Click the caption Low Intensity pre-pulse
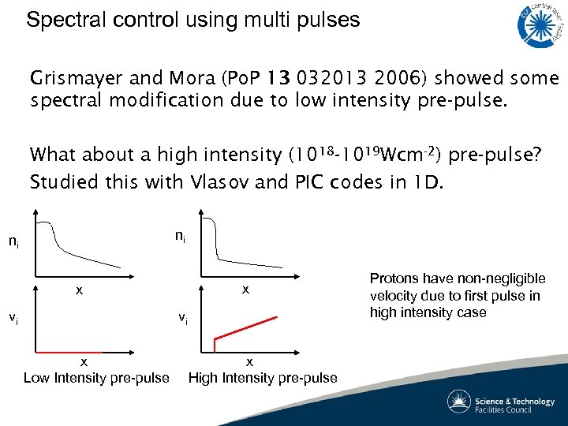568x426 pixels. pyautogui.click(x=96, y=377)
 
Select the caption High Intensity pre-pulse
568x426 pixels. pyautogui.click(x=263, y=377)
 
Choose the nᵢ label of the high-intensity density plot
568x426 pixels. pyautogui.click(x=181, y=235)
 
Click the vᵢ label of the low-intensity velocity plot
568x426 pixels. pyautogui.click(x=14, y=319)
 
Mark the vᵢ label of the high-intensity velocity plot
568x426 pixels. pyautogui.click(x=182, y=319)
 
